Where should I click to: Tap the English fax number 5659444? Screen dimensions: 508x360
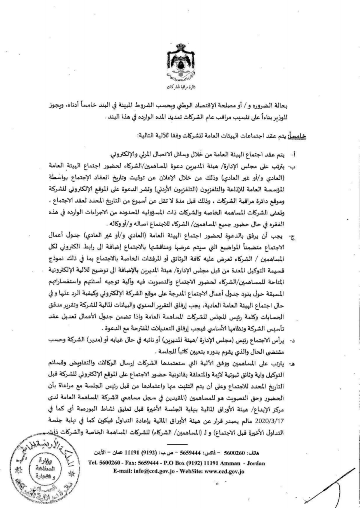(143, 463)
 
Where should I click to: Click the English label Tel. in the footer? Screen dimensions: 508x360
(93, 463)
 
